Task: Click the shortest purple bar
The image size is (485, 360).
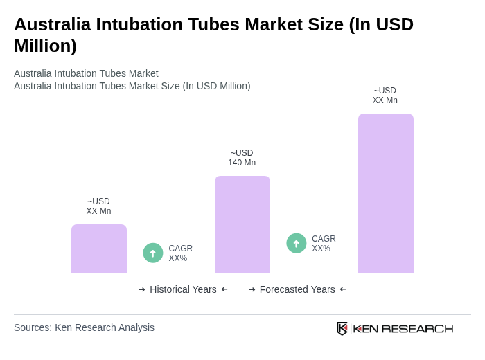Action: (x=99, y=249)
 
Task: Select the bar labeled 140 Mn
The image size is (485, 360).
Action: (x=242, y=224)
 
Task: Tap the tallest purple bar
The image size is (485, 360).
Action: (x=385, y=193)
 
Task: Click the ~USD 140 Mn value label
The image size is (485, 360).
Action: (x=242, y=158)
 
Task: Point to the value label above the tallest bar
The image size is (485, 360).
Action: (x=385, y=96)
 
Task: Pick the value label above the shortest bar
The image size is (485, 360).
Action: (x=98, y=206)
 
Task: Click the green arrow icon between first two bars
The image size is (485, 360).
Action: (x=153, y=253)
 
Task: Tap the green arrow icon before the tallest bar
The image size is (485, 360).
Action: (x=297, y=243)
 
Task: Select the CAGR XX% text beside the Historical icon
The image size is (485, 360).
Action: (x=180, y=253)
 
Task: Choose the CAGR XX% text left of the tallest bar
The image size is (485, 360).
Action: (x=324, y=244)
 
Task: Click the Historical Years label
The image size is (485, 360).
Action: (x=183, y=289)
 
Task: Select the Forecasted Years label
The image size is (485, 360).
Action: (x=297, y=289)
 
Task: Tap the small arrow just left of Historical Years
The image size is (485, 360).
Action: (x=142, y=289)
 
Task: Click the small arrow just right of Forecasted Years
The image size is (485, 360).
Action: (x=343, y=289)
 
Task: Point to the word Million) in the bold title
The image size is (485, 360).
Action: (x=45, y=46)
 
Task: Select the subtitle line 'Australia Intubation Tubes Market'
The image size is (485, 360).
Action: (x=86, y=73)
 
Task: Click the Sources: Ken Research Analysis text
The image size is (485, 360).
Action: (x=84, y=327)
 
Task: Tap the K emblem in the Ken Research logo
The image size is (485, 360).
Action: (x=342, y=328)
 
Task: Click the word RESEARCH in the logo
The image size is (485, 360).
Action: (x=417, y=328)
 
